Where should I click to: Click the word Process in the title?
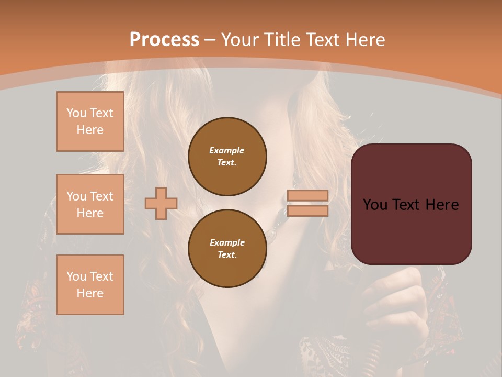coord(164,40)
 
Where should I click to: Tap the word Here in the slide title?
coord(364,40)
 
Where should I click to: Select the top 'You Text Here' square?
coord(90,121)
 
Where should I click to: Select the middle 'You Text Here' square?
coord(90,204)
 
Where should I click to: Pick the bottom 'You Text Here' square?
coord(90,285)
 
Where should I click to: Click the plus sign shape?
coord(161,203)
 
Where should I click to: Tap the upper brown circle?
coord(227,157)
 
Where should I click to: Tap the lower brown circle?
coord(227,249)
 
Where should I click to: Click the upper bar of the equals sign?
coord(307,195)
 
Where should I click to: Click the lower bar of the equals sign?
coord(307,210)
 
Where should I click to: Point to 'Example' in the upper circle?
coord(227,150)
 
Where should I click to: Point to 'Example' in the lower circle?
coord(227,242)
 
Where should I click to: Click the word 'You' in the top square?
coord(76,113)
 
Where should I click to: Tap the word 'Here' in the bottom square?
coord(90,293)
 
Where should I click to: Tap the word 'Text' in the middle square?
coord(102,196)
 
